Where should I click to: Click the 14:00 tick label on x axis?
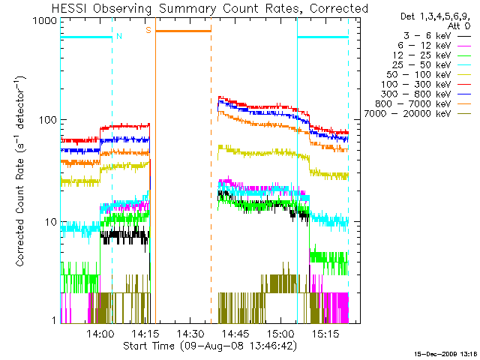click(x=100, y=333)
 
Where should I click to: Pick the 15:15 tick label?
click(x=325, y=333)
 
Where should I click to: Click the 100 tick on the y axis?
click(x=49, y=121)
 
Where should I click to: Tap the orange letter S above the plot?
click(x=148, y=30)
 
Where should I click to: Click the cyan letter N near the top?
click(x=118, y=35)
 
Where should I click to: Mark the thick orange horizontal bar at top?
click(x=183, y=31)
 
